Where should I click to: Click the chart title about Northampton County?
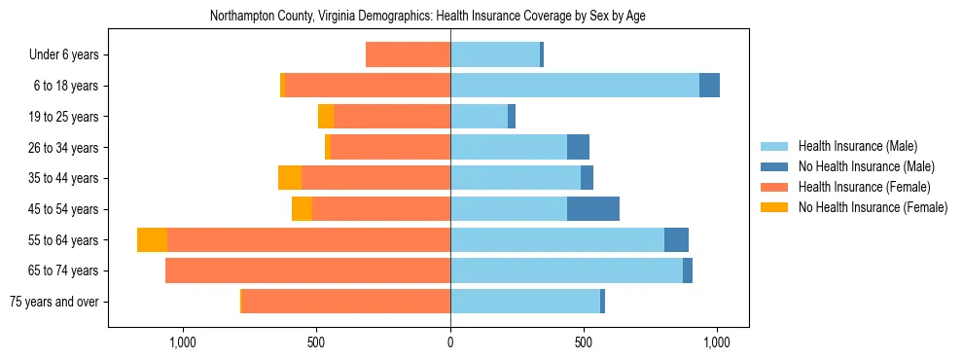click(x=427, y=16)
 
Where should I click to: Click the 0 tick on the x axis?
click(x=450, y=342)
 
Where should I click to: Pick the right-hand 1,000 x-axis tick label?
click(x=717, y=342)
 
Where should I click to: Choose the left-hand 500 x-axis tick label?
click(x=316, y=342)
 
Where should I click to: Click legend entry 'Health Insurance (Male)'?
click(x=857, y=146)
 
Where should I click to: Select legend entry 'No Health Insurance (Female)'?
click(x=873, y=207)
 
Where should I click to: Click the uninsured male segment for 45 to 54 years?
click(x=593, y=209)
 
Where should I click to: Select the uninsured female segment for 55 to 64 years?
click(x=152, y=239)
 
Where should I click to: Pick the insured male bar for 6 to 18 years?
click(x=575, y=86)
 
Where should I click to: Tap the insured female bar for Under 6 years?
click(x=408, y=54)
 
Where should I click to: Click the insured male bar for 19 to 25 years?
click(x=479, y=117)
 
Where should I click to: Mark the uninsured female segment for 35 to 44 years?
click(x=290, y=178)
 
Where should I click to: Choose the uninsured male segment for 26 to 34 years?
click(x=578, y=147)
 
